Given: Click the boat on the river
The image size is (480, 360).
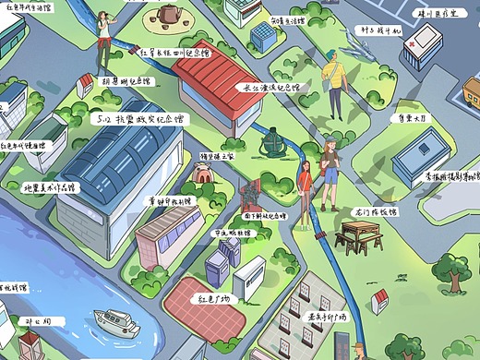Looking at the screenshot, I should pyautogui.click(x=116, y=323).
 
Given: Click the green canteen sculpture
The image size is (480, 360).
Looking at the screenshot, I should pyautogui.click(x=271, y=145).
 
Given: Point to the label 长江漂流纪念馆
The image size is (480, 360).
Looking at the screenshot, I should pyautogui.click(x=270, y=90).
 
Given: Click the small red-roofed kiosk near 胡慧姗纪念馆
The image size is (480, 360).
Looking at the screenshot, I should pyautogui.click(x=85, y=86).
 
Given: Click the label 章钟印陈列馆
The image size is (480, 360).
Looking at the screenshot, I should pyautogui.click(x=168, y=200).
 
